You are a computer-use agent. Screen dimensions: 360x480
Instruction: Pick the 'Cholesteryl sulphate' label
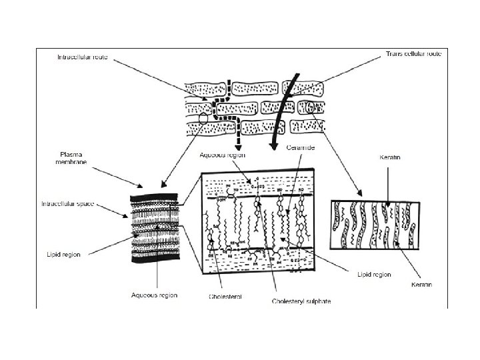pos(300,301)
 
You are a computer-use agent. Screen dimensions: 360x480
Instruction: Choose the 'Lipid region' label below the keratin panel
pos(373,275)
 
